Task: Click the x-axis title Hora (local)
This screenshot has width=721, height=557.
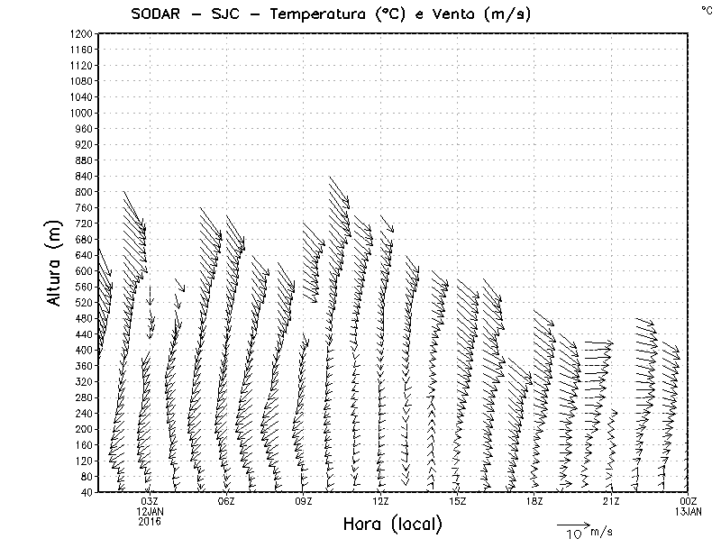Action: pos(393,525)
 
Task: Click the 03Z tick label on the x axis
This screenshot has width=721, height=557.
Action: pos(150,502)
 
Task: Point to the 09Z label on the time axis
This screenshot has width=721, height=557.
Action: pos(304,502)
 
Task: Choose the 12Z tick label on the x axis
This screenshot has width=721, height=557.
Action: pos(380,502)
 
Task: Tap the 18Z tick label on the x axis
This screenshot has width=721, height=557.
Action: pos(534,502)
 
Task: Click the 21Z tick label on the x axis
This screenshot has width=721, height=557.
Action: pos(611,502)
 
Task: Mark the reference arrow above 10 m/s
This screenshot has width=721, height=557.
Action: pos(573,524)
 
